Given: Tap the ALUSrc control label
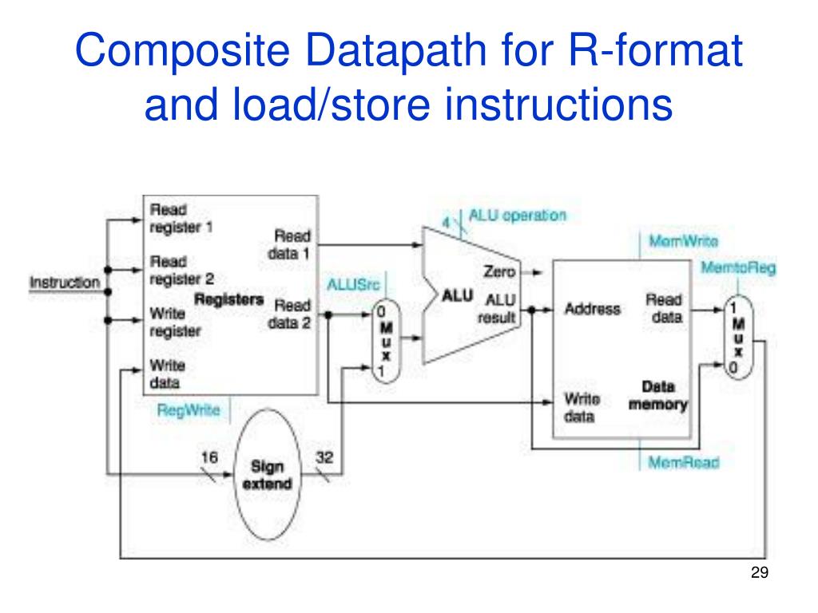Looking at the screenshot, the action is [x=353, y=285].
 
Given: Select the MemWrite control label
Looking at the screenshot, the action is [x=684, y=241].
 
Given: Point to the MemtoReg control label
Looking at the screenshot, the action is [x=738, y=268].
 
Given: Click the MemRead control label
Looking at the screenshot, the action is [x=684, y=462].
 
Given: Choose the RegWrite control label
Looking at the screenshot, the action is [x=189, y=411].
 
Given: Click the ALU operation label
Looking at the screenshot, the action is [x=517, y=216].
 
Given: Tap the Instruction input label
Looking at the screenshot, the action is [x=65, y=283].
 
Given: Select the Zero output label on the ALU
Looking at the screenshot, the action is [x=499, y=271].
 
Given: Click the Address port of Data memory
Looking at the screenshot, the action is [x=593, y=309].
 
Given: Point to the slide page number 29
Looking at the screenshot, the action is [x=760, y=572].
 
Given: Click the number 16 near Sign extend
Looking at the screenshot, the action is [x=209, y=457].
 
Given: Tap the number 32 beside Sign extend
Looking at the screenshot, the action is [x=324, y=457].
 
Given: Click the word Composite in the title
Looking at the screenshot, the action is [x=182, y=50].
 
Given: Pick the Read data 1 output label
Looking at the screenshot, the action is [x=289, y=245].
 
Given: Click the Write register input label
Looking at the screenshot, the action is [x=175, y=322].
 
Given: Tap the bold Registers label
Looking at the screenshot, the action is [x=229, y=300].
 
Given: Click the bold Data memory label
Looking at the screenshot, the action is [x=658, y=396].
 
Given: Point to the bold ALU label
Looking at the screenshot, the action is [x=457, y=296].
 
